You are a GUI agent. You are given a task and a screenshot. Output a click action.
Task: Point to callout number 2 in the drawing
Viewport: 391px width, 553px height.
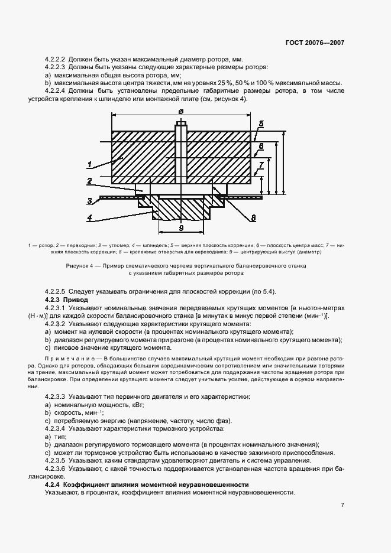coord(89,180)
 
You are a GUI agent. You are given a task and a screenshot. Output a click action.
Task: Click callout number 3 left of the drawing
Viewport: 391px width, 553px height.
coord(89,200)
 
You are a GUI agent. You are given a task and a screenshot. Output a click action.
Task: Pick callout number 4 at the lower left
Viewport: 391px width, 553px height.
coord(89,217)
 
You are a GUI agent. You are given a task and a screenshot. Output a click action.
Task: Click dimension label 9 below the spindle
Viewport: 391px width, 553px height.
coord(182,227)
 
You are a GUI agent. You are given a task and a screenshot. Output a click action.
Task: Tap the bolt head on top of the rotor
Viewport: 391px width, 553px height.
coord(180,124)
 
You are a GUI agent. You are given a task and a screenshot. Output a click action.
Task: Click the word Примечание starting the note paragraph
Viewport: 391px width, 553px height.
coord(67,359)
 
